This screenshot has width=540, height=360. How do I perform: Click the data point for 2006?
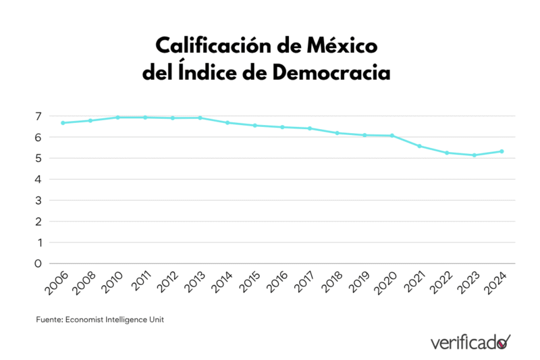(63, 123)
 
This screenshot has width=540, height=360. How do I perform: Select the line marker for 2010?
(117, 118)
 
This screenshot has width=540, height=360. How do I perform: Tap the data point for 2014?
(227, 123)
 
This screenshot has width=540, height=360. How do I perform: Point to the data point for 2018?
(337, 133)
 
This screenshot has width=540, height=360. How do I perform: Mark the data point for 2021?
(419, 146)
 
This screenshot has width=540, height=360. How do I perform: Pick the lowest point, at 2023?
(474, 155)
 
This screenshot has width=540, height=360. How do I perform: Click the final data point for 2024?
(502, 151)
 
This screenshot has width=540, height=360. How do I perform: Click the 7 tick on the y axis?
(38, 116)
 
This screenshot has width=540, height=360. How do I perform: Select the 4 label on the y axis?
(38, 180)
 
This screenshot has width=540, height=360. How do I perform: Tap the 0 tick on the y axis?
(38, 263)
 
